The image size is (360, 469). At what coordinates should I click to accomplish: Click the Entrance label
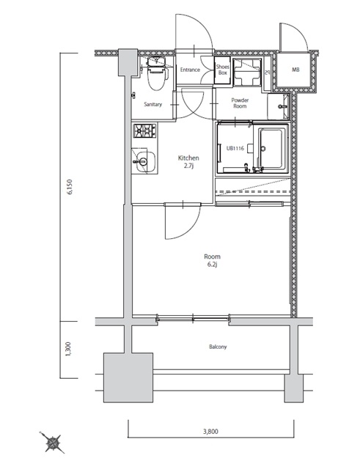(190, 70)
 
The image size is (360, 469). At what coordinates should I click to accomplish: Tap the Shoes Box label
(222, 70)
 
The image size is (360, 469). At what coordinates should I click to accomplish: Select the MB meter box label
(295, 70)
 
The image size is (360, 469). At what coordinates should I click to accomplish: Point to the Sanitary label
(153, 104)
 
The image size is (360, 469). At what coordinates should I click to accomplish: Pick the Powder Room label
(240, 103)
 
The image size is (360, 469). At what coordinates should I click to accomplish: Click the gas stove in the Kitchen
(145, 130)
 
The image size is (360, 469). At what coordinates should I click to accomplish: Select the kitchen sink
(144, 162)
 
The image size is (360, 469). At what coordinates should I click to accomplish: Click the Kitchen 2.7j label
(188, 161)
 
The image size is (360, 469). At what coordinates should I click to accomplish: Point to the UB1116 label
(235, 148)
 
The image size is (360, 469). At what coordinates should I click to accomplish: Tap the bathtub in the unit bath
(271, 149)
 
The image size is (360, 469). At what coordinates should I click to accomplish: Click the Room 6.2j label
(213, 260)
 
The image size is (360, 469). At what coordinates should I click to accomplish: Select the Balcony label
(218, 347)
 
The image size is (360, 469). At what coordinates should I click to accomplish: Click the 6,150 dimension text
(70, 188)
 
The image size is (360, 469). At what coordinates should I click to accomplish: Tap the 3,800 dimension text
(210, 432)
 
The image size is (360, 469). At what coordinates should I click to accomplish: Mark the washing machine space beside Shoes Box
(247, 73)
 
